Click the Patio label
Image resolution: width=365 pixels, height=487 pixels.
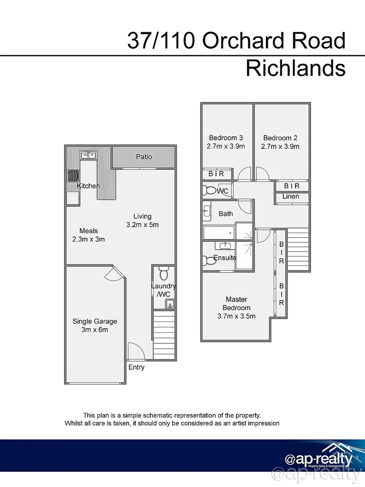pos(144,156)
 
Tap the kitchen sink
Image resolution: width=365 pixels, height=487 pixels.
pos(88,155)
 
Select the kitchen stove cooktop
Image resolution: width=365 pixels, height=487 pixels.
pos(73,176)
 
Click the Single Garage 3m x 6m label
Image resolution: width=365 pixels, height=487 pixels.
pos(95,325)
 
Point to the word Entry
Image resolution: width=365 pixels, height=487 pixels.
pos(136,367)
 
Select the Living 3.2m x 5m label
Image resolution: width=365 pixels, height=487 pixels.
pos(142,220)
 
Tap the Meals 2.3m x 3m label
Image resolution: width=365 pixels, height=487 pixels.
pos(89,235)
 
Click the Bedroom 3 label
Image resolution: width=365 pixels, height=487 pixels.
pos(226,142)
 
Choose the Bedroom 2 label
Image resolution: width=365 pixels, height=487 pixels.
pos(280,142)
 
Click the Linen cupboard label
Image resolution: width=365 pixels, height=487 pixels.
pos(291,196)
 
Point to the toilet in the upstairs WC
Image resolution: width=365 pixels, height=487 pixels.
pos(209,191)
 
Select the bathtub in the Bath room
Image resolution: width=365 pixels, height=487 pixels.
pos(218,233)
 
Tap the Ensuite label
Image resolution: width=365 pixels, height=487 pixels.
pos(225,258)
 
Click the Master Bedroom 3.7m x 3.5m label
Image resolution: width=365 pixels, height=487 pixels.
pos(237,307)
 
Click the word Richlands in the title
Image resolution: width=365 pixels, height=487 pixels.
pos(295,68)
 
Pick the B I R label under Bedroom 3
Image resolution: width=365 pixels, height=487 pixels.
pos(216,174)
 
